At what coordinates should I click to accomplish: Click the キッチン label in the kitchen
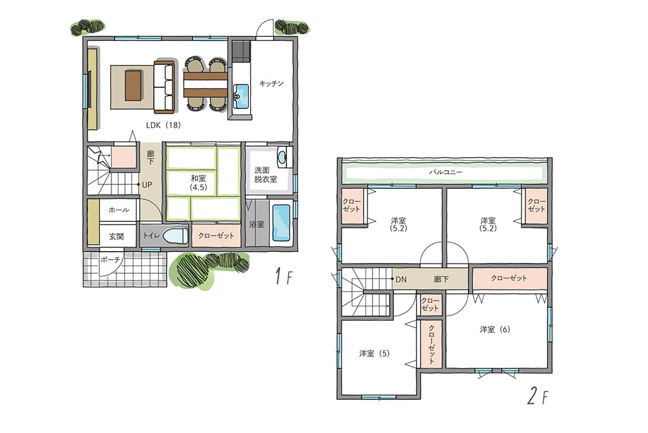(272, 84)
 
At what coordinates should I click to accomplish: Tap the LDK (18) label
(163, 125)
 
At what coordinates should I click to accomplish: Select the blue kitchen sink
(241, 97)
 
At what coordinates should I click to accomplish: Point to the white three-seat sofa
(165, 87)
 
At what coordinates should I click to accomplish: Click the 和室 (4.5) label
(198, 182)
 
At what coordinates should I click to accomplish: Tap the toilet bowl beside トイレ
(175, 236)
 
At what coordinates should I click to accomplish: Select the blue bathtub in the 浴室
(281, 223)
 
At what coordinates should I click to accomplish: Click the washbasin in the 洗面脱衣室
(283, 157)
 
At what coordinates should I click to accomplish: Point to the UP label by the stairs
(147, 185)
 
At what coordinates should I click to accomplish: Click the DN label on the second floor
(401, 279)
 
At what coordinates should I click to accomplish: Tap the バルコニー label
(445, 172)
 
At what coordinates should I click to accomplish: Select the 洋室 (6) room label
(494, 330)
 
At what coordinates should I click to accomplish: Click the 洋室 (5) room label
(374, 354)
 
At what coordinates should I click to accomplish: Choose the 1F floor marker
(284, 276)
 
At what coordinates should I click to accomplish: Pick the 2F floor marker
(538, 397)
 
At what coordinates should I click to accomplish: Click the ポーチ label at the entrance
(110, 260)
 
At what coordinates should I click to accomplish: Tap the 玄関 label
(117, 236)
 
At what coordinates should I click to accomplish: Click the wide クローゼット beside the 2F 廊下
(509, 278)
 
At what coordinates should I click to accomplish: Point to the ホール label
(119, 210)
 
